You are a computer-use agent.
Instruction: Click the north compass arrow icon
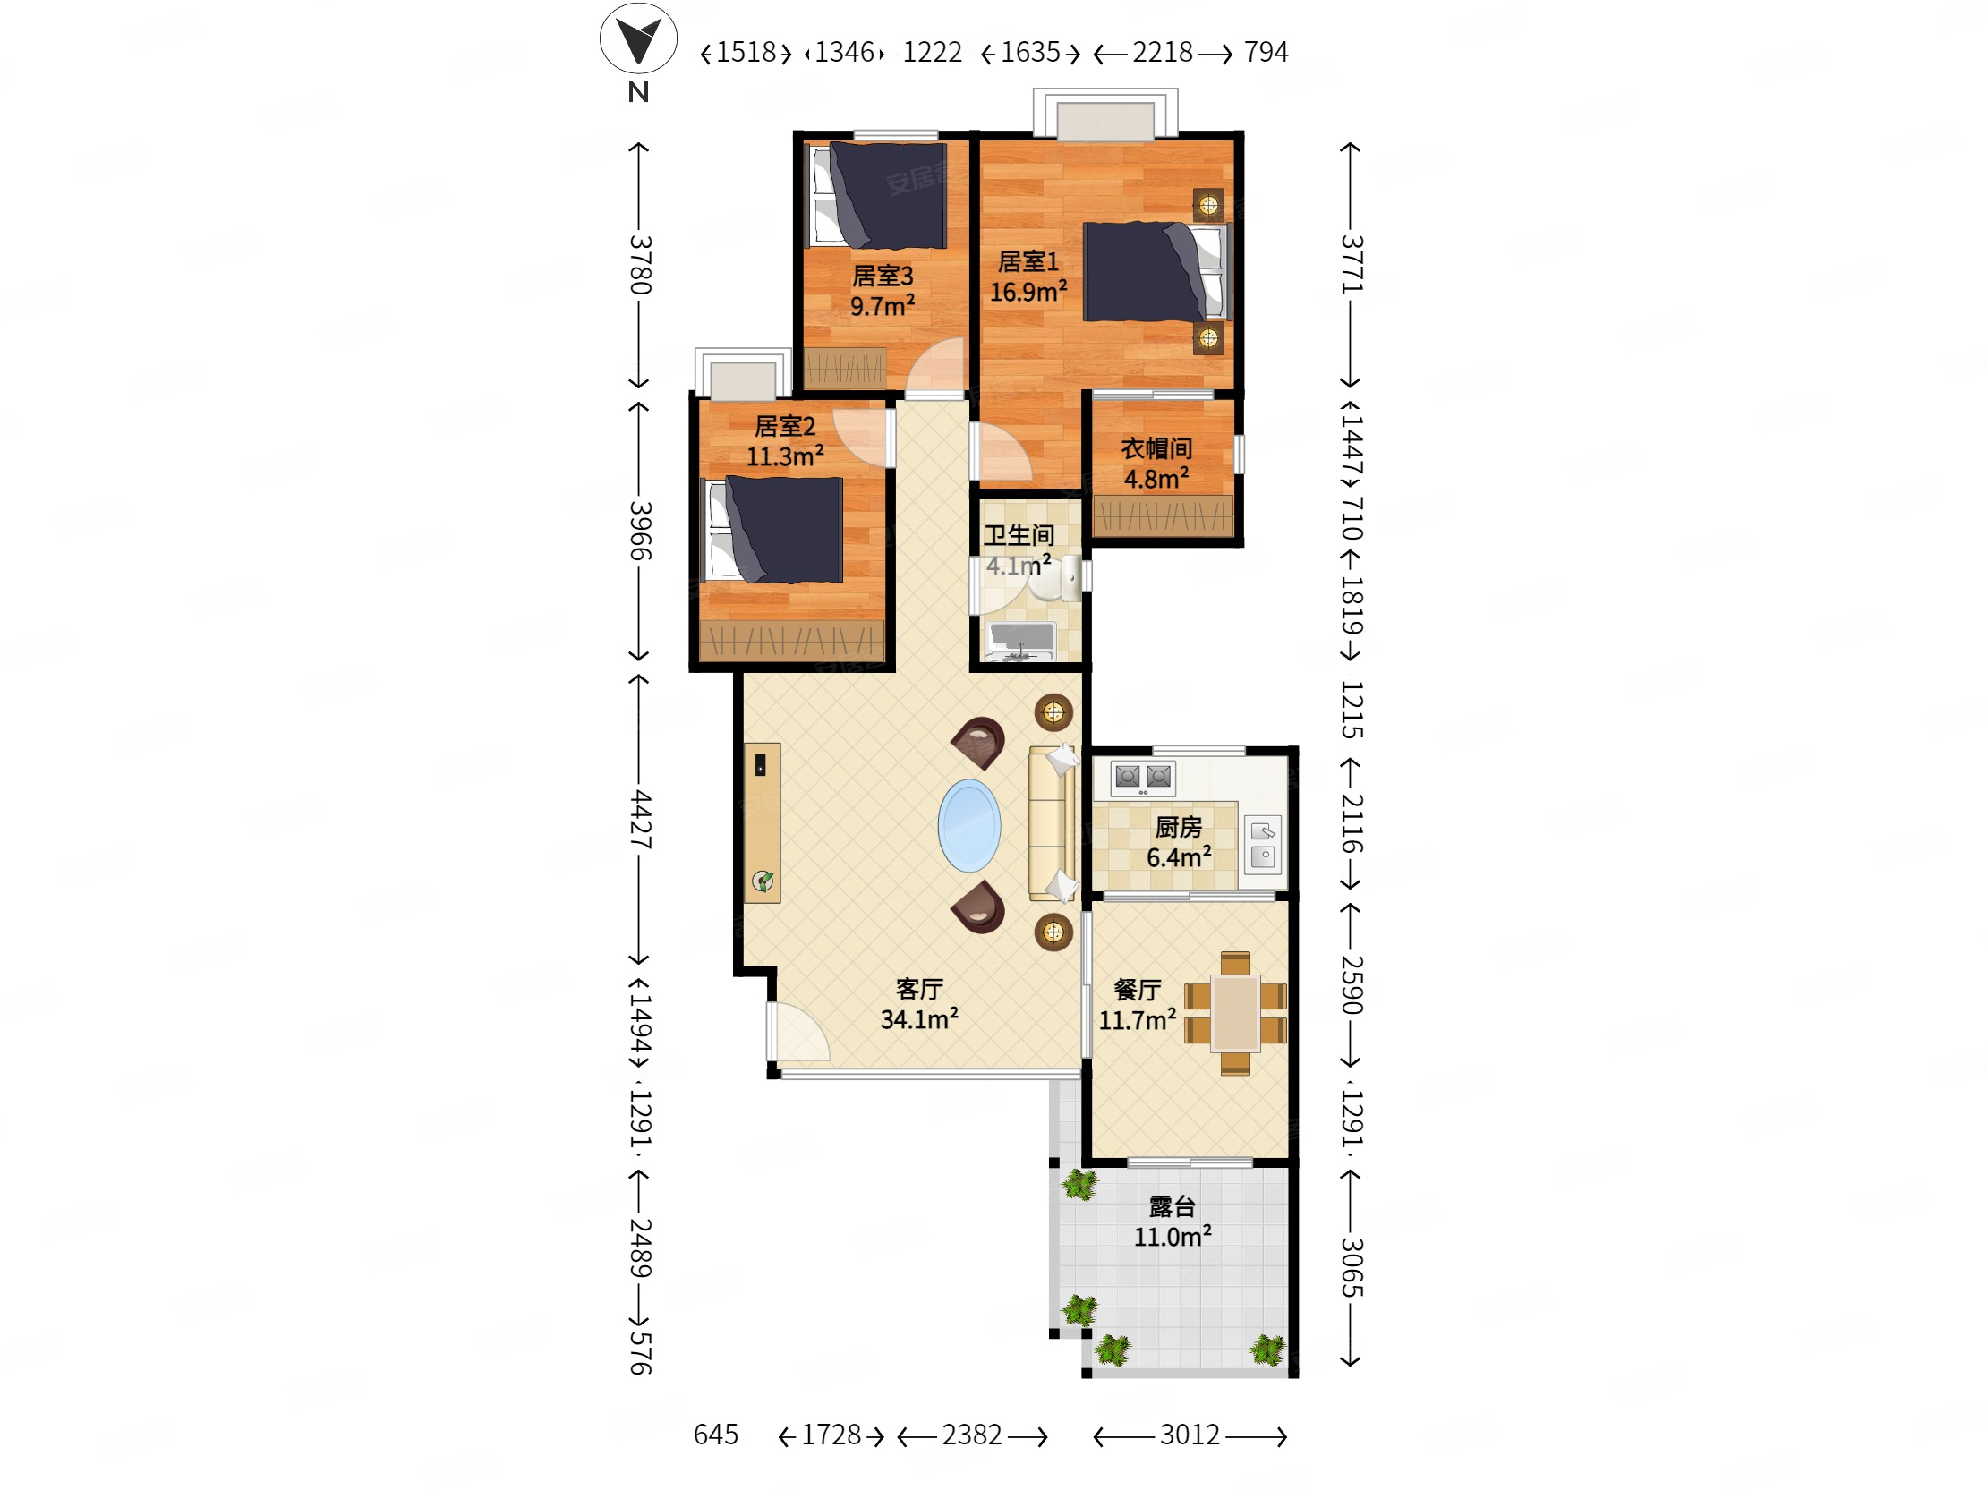[638, 38]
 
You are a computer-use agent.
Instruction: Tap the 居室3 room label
[883, 276]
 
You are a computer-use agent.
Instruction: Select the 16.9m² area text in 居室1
[1028, 291]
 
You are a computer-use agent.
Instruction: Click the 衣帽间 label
[1156, 448]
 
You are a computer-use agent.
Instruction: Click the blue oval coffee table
[969, 825]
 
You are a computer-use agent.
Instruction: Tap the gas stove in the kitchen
[1143, 778]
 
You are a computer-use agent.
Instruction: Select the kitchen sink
[1262, 843]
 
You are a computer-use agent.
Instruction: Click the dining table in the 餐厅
[1235, 1013]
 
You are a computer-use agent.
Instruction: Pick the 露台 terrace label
[1173, 1206]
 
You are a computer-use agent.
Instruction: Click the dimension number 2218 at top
[1163, 52]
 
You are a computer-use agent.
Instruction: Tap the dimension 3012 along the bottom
[1190, 1435]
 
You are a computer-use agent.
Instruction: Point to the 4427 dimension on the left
[640, 819]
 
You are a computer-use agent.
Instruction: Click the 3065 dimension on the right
[1352, 1267]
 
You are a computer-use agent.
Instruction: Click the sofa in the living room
[1051, 822]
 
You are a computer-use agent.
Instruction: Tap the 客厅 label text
[919, 989]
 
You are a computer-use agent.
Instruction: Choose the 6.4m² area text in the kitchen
[1179, 856]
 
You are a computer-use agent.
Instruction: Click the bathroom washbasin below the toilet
[1021, 640]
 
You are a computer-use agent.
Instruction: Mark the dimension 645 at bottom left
[716, 1435]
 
